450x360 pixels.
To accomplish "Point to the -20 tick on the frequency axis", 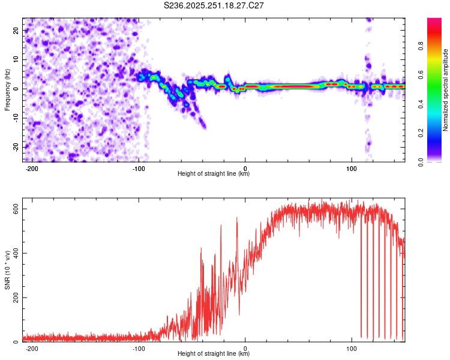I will coord(16,147).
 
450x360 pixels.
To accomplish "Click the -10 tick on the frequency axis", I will coord(16,118).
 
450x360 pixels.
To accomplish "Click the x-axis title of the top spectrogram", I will coord(214,174).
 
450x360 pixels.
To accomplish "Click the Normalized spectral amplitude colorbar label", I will coord(445,90).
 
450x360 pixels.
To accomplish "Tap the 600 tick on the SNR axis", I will coord(14,208).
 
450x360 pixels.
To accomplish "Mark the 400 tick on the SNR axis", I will coord(14,253).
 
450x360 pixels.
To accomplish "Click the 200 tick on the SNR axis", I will coord(14,298).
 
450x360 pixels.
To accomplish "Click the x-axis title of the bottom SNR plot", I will coord(214,354).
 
